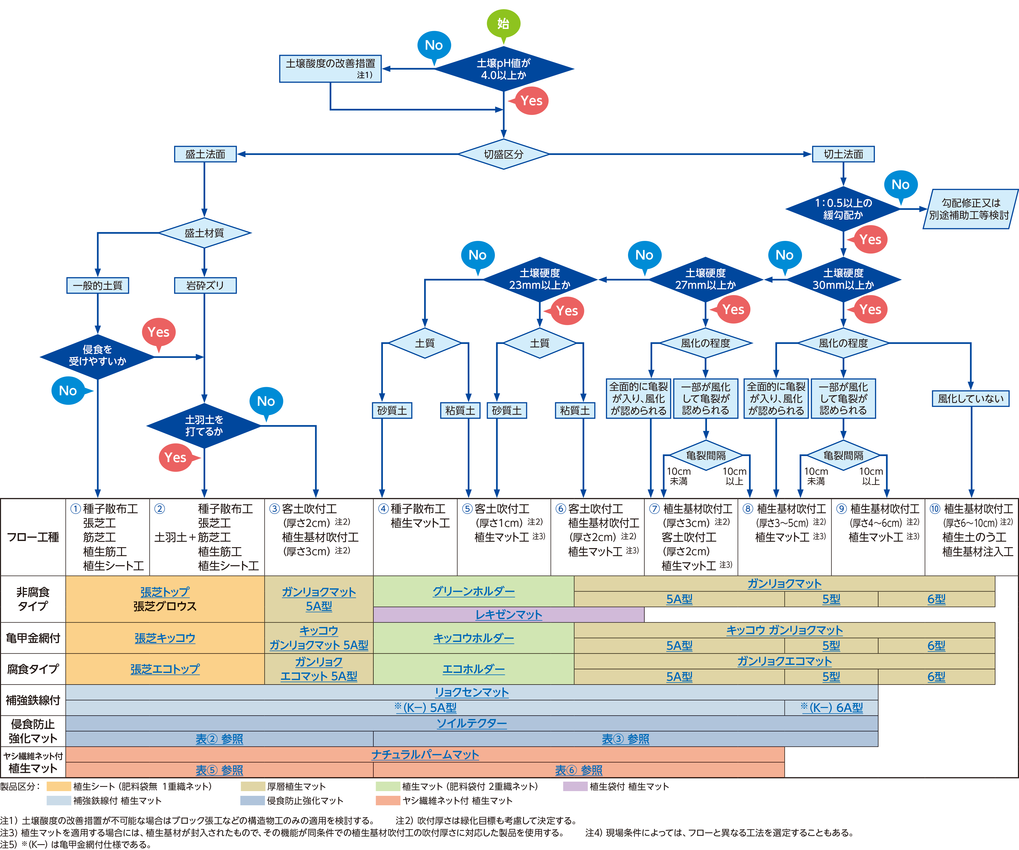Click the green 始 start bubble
point(503,23)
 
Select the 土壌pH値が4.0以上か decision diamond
point(504,69)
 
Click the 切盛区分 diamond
point(504,154)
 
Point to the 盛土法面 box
point(205,154)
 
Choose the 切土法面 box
point(843,154)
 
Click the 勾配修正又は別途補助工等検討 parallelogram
point(969,209)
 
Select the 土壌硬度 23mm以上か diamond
point(540,280)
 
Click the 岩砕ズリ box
point(205,285)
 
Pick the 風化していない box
point(971,399)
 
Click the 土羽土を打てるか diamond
point(204,426)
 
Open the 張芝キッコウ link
point(165,638)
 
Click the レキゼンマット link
point(509,615)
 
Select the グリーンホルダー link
point(474,591)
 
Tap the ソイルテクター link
point(472,723)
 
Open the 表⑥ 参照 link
point(578,770)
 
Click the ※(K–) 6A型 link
point(832,708)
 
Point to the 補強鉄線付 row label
point(33,700)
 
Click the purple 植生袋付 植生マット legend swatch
point(575,786)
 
